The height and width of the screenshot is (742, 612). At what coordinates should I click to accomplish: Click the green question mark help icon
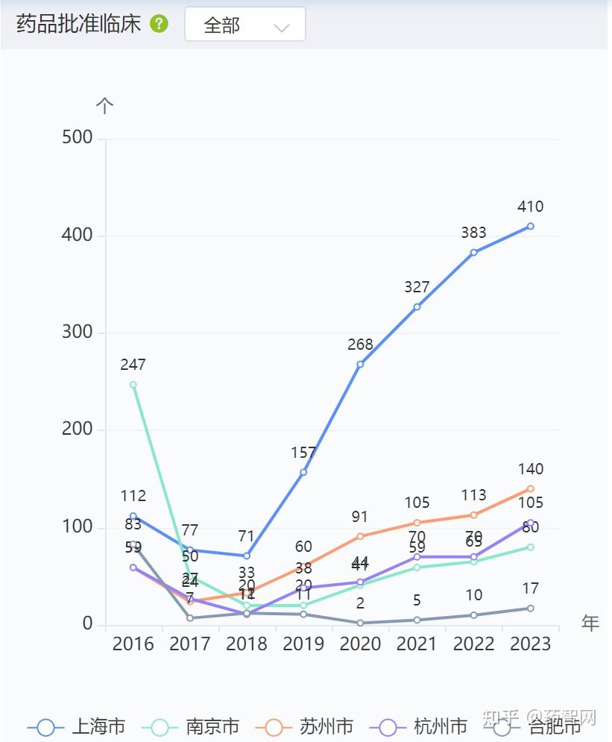tap(159, 24)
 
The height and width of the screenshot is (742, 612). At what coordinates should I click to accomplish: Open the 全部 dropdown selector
tap(245, 25)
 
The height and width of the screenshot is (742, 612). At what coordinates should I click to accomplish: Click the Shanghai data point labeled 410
tap(530, 226)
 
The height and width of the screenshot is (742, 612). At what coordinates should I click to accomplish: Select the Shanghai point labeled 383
tap(473, 252)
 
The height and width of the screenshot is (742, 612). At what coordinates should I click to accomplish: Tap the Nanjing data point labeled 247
tap(133, 385)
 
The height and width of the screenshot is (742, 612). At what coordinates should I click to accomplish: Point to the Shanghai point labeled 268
tap(360, 364)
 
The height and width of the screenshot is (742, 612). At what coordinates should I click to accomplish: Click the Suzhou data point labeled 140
tap(530, 488)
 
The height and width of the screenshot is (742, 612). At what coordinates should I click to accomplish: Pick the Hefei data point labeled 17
tap(530, 609)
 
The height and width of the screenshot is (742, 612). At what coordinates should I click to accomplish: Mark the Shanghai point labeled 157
tap(303, 472)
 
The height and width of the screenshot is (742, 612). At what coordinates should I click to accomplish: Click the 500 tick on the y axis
tap(77, 138)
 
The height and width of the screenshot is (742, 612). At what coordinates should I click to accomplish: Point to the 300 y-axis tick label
tap(77, 333)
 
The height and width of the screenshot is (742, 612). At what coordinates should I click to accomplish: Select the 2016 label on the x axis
tap(133, 644)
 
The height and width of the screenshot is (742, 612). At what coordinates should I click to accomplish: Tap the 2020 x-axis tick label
tap(360, 644)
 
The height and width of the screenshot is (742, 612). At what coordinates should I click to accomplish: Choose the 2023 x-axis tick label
tap(530, 644)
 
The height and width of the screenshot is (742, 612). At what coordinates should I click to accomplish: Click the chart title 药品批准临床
tap(78, 24)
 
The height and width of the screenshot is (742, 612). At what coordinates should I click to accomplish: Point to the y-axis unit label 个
tap(105, 106)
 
